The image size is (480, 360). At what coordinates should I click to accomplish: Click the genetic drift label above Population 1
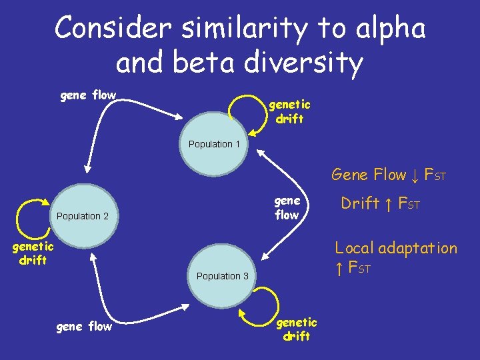pyautogui.click(x=289, y=112)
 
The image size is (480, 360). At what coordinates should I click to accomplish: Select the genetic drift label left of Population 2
pyautogui.click(x=33, y=253)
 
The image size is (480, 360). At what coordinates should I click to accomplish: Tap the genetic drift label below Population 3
pyautogui.click(x=296, y=329)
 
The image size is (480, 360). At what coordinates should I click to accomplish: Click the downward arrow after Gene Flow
pyautogui.click(x=415, y=175)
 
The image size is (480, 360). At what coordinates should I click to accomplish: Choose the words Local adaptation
pyautogui.click(x=395, y=249)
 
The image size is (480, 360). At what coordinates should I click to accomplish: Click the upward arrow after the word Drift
pyautogui.click(x=388, y=204)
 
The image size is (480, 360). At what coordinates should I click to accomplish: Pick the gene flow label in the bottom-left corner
pyautogui.click(x=84, y=327)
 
